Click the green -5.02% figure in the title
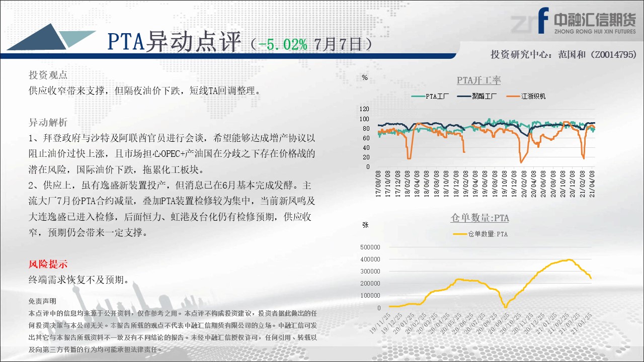pyautogui.click(x=283, y=44)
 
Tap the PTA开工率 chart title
pyautogui.click(x=478, y=80)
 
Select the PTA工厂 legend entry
pyautogui.click(x=430, y=96)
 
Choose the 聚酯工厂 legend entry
pyautogui.click(x=476, y=96)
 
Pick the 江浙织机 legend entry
pyautogui.click(x=526, y=96)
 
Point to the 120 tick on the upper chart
pyautogui.click(x=364, y=109)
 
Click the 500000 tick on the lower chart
pyautogui.click(x=370, y=247)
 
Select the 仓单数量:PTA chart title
pyautogui.click(x=479, y=218)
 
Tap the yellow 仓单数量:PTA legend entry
pyautogui.click(x=480, y=234)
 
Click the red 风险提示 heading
pyautogui.click(x=48, y=264)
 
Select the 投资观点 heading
pyautogui.click(x=48, y=75)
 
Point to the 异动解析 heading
pyautogui.click(x=48, y=122)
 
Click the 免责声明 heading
pyautogui.click(x=42, y=301)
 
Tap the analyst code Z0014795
pyautogui.click(x=613, y=54)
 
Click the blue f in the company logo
pyautogui.click(x=543, y=21)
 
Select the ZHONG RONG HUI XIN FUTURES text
pyautogui.click(x=595, y=31)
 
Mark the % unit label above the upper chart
pyautogui.click(x=365, y=77)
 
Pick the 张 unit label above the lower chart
pyautogui.click(x=365, y=225)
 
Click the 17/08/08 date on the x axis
pyautogui.click(x=378, y=184)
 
